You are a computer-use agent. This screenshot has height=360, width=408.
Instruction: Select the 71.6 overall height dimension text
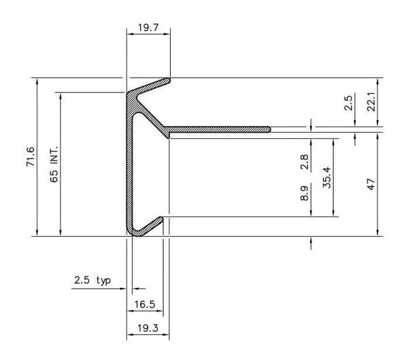(x=30, y=157)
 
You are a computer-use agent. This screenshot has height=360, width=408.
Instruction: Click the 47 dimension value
(x=371, y=184)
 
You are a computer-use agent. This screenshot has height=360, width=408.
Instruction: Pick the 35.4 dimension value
(x=327, y=178)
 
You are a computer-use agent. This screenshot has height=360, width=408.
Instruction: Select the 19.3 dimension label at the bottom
(x=148, y=328)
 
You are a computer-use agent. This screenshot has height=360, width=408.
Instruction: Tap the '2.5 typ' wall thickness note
(x=92, y=280)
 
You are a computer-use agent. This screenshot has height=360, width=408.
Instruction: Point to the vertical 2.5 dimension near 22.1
(x=349, y=103)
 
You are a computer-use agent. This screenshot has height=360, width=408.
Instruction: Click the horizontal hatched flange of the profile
(x=218, y=129)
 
